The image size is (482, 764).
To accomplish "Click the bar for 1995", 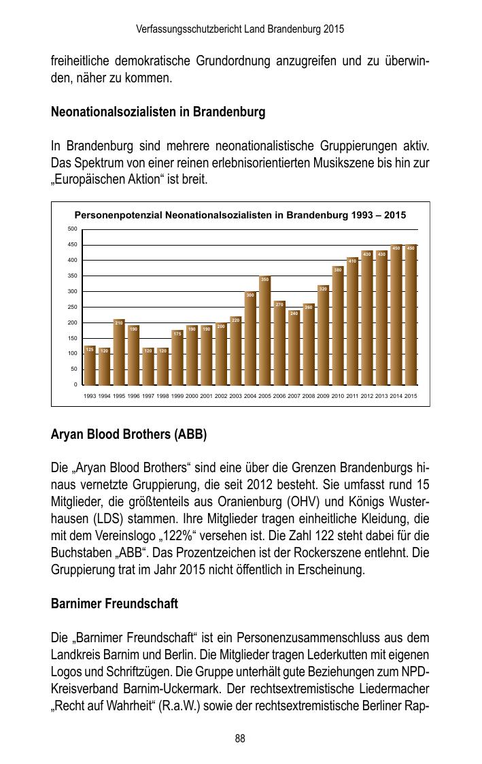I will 119,352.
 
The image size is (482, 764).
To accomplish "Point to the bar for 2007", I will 294,348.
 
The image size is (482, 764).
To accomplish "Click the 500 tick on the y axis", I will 73,229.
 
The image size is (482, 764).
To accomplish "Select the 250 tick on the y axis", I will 73,308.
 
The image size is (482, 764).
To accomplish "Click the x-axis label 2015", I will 411,396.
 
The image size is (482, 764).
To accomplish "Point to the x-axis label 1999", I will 177,396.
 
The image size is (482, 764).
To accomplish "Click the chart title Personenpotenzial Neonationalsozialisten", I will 240,215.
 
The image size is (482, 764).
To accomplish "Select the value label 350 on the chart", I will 264,279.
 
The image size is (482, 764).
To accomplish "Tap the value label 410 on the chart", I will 352,261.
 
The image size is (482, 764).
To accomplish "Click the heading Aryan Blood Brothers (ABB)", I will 128,434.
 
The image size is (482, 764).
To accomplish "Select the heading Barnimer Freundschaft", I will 114,604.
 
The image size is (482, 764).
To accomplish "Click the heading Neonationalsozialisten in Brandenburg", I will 158,112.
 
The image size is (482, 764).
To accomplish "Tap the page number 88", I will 240,739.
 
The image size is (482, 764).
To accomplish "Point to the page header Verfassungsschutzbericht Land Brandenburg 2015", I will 240,29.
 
